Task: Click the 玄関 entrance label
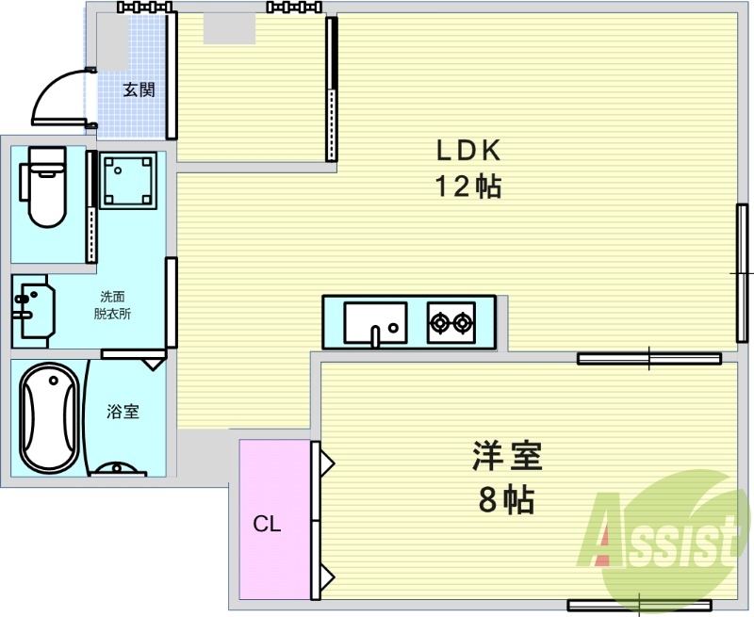tap(139, 89)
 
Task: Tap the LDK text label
tap(468, 151)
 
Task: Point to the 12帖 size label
tap(468, 187)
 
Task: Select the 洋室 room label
tap(507, 456)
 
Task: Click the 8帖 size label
tap(506, 500)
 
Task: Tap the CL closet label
tap(267, 524)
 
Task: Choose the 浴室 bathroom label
tap(123, 412)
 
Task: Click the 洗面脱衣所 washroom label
tap(112, 305)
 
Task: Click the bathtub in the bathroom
tap(49, 418)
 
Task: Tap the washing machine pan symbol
tap(128, 180)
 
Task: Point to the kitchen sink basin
tap(375, 322)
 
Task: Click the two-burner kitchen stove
tap(451, 322)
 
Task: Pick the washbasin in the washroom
tap(34, 311)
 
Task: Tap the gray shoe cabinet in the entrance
tap(114, 41)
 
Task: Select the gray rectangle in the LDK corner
tap(229, 29)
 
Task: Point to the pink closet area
tap(275, 519)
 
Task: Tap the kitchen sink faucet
tap(375, 335)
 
